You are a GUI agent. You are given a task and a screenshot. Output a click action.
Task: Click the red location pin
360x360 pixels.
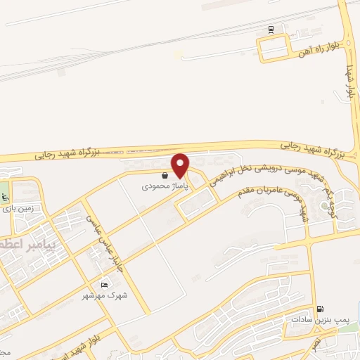coord(181,164)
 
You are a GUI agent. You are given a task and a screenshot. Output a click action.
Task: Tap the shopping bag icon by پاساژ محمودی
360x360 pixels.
coord(164,176)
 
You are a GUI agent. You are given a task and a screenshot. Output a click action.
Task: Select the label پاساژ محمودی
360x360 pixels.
coord(155,186)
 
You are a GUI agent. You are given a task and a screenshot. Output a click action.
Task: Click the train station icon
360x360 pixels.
coord(271,30)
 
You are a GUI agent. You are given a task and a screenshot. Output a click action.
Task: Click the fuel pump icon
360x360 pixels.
coord(321,309)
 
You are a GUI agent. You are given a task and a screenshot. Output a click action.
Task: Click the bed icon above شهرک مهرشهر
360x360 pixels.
coord(104,285)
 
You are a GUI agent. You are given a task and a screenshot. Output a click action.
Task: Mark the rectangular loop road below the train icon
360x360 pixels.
coord(274,48)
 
